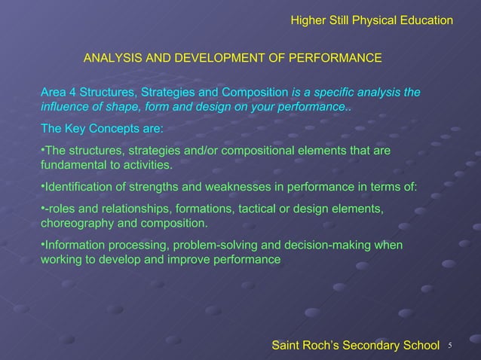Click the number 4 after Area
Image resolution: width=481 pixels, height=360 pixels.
(72, 93)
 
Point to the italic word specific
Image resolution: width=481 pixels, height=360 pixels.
(338, 93)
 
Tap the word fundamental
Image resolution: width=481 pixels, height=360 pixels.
(73, 165)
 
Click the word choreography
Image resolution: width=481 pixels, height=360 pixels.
(75, 223)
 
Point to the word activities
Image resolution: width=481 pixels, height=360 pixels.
(147, 165)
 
